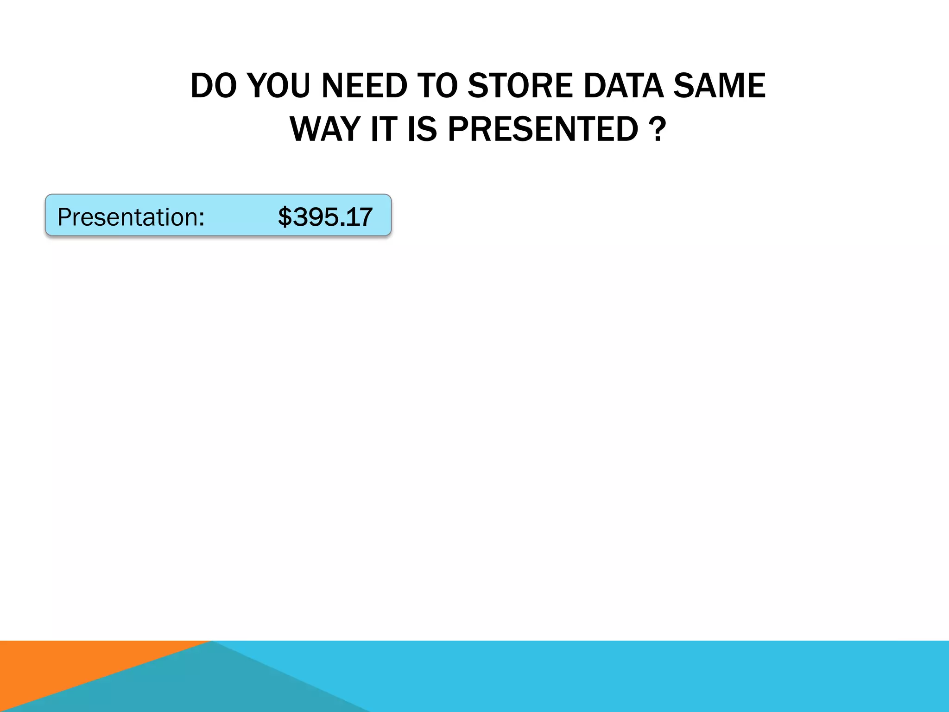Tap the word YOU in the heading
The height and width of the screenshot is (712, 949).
click(x=278, y=86)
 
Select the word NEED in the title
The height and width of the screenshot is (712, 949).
click(x=364, y=86)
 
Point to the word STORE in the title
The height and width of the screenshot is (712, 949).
click(x=520, y=86)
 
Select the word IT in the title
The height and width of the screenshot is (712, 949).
click(x=384, y=129)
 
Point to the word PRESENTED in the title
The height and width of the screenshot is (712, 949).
click(x=543, y=129)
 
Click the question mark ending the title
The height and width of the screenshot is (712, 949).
click(x=658, y=129)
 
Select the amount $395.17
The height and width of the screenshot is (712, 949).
click(x=325, y=217)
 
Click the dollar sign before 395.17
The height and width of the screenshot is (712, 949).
click(x=285, y=217)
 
